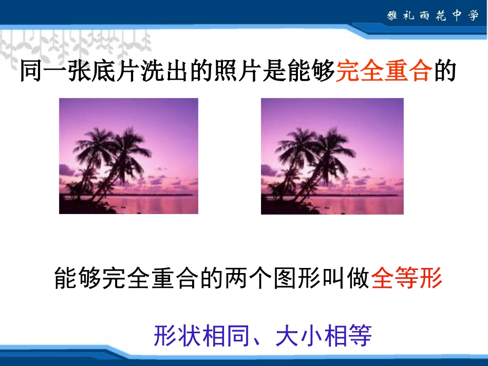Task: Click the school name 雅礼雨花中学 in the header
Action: pyautogui.click(x=433, y=15)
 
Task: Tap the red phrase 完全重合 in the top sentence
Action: pyautogui.click(x=383, y=72)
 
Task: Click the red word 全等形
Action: pyautogui.click(x=406, y=279)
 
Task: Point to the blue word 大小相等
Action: pyautogui.click(x=323, y=337)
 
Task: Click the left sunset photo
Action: pyautogui.click(x=128, y=156)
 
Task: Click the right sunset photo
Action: pyautogui.click(x=332, y=156)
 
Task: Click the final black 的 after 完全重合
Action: pyautogui.click(x=445, y=72)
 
